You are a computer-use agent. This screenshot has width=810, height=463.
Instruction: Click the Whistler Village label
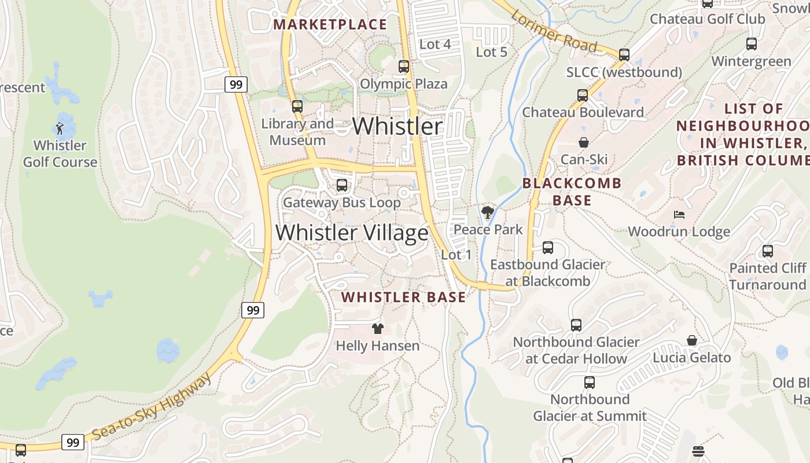point(352,233)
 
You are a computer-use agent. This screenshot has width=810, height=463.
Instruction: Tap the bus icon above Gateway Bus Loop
point(342,185)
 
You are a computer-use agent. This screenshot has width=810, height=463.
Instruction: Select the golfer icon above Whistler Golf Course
point(60,128)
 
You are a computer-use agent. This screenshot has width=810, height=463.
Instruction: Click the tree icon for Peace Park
point(488,212)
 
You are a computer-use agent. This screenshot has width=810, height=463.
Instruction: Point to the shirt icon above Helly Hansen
point(378,329)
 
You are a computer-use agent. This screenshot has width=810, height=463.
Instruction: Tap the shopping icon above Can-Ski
point(584,142)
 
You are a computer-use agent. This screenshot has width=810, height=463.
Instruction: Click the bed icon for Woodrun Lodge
point(679,215)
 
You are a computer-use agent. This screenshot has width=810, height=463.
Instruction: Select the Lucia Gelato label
point(692,358)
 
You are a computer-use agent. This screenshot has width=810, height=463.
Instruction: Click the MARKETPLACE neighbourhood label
point(330,24)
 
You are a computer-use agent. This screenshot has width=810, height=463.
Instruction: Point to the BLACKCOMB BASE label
point(572,192)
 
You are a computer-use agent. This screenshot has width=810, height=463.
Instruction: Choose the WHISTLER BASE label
point(403,297)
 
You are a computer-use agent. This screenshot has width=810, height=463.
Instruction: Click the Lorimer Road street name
point(554,32)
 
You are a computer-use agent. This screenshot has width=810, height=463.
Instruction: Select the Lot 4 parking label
point(435,44)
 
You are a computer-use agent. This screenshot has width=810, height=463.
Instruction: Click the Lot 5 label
point(491,52)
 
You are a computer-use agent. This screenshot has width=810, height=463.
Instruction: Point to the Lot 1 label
point(456,255)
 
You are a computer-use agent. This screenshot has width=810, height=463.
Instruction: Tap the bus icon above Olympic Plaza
point(404,67)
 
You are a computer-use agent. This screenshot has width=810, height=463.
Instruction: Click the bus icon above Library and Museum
point(297,106)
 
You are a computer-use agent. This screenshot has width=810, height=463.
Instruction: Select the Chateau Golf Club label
point(707,19)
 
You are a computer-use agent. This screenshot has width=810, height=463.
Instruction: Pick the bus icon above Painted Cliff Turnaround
point(768,251)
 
